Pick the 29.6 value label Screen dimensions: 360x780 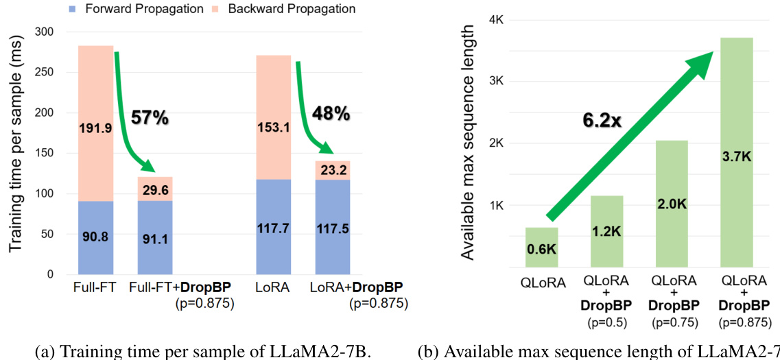[x=155, y=191]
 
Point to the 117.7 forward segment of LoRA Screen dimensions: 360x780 [x=273, y=227]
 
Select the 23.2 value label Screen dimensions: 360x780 [x=333, y=171]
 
